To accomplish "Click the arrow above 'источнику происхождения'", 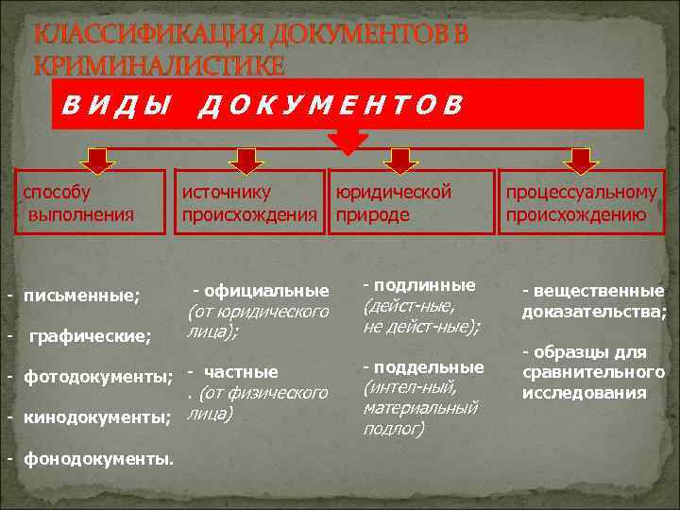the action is coord(246,159).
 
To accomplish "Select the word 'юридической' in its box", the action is coord(394,192).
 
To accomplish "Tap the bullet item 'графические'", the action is coord(91,335).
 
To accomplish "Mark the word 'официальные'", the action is coord(267,290).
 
